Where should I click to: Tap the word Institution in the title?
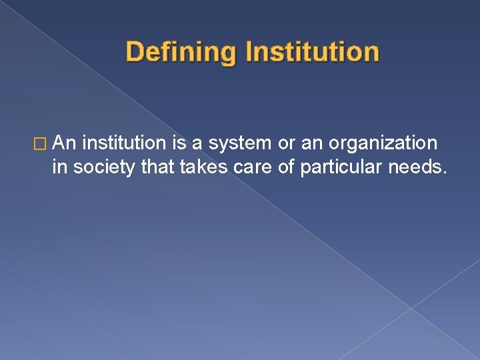pos(312,51)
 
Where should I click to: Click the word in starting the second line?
pos(60,167)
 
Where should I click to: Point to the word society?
pos(105,167)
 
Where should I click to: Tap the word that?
pos(159,167)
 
